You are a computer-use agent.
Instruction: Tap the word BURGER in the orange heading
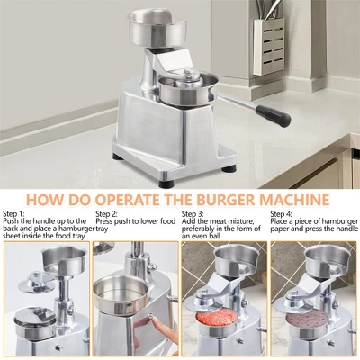pos(222,200)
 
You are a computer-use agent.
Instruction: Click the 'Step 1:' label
pos(13,214)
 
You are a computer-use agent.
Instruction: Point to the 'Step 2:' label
pos(107,214)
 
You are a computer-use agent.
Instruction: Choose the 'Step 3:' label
pos(193,214)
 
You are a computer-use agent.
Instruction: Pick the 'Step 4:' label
pos(281,214)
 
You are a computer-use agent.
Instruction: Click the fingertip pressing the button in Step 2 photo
pos(154,321)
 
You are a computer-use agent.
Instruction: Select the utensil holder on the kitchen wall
pos(268,46)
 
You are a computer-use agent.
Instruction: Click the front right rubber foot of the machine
pos(229,167)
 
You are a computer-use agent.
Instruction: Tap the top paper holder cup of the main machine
pos(157,28)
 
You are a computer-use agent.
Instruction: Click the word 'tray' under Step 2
pos(102,229)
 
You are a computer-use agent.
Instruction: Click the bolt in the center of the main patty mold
pos(187,73)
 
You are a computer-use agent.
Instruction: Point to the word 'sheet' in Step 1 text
pos(12,236)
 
